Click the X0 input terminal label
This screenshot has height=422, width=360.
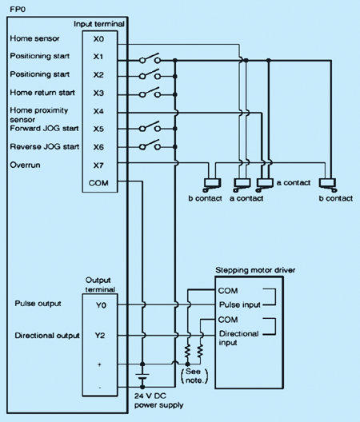[98, 39]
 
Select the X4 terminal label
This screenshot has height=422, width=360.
[98, 111]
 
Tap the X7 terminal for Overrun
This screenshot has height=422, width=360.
[98, 165]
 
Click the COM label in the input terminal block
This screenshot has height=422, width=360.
[98, 183]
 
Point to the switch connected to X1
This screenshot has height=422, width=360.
[150, 58]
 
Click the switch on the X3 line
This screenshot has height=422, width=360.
[150, 93]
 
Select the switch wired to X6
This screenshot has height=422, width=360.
[150, 145]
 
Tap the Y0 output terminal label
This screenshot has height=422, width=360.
[101, 305]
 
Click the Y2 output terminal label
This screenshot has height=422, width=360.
[100, 336]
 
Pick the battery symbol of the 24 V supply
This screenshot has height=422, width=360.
[142, 376]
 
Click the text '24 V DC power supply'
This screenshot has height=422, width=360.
[158, 400]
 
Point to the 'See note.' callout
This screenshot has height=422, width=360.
[194, 376]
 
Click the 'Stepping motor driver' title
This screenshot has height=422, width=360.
[255, 270]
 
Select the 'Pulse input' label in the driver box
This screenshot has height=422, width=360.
[239, 305]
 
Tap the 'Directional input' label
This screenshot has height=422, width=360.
[238, 338]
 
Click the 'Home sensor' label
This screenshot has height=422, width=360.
[34, 38]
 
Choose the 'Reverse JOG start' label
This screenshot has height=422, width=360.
[45, 147]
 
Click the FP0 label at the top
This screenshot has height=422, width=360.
[18, 10]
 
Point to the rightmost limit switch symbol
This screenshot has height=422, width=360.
[328, 185]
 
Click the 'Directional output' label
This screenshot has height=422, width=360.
[47, 336]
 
